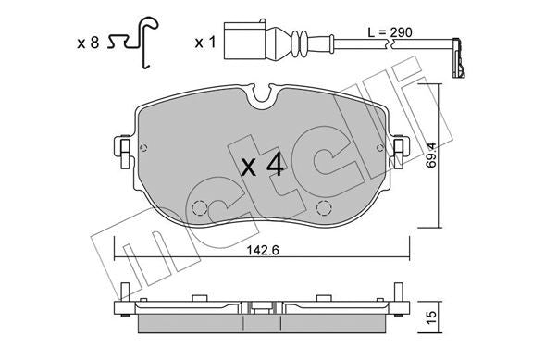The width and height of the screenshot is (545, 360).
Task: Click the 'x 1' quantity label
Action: tap(204, 43)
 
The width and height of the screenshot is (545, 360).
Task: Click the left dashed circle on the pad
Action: tap(201, 209)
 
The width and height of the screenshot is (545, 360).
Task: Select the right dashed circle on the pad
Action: tap(325, 208)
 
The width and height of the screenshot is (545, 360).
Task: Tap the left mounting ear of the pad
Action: tap(121, 148)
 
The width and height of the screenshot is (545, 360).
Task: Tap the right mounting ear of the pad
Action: tap(402, 148)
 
